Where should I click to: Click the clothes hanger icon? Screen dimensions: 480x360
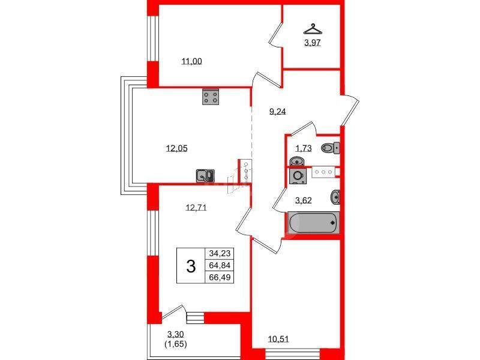click(313, 29)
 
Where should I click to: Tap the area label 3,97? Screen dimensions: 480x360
click(312, 43)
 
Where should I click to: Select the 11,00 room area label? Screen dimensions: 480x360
click(191, 62)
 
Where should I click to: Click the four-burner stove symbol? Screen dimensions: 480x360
click(211, 97)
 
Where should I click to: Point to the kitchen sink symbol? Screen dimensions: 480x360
click(205, 176)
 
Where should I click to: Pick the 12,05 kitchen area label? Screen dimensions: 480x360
click(176, 148)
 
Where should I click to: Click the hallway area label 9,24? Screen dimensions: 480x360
click(277, 112)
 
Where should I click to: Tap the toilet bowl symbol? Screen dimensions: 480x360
click(331, 148)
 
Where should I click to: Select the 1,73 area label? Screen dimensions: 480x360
click(304, 149)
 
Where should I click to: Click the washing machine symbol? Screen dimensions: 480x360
click(298, 176)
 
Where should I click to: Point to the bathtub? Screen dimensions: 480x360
click(313, 223)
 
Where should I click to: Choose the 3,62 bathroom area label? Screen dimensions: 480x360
click(304, 200)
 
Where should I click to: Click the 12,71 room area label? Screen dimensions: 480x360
click(196, 208)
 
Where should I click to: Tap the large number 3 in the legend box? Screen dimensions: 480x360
click(191, 266)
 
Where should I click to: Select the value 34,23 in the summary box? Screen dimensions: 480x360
click(220, 253)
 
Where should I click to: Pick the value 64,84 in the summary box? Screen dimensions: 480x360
click(220, 265)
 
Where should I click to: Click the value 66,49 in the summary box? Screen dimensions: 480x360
click(220, 277)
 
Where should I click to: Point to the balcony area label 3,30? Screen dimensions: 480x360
click(175, 334)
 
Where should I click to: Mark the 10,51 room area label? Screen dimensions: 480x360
click(278, 339)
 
